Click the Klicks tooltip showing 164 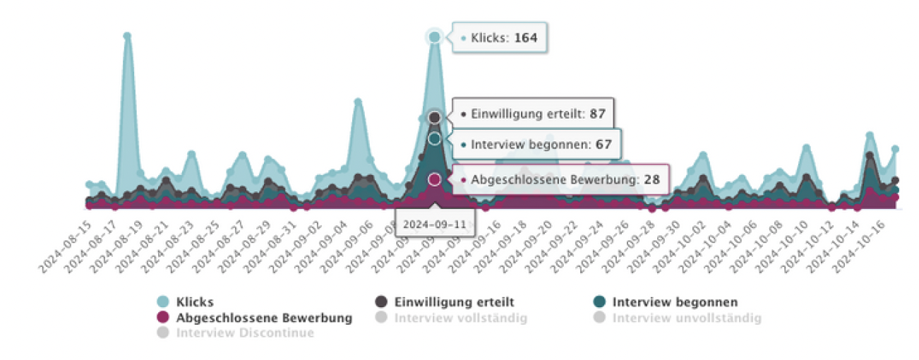coord(500,37)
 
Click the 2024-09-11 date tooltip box coord(435,225)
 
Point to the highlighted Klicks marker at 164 coord(434,37)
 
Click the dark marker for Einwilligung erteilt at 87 coord(435,117)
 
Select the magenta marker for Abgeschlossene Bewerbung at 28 coord(434,179)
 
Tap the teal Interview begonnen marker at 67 coord(435,139)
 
